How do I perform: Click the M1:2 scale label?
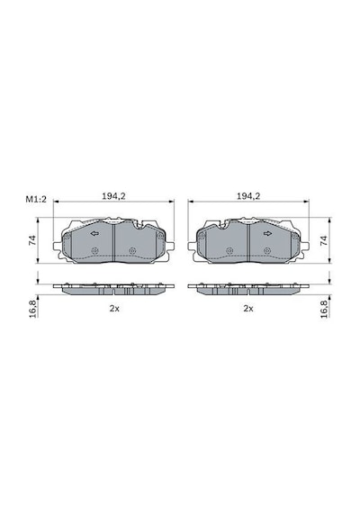pyautogui.click(x=36, y=199)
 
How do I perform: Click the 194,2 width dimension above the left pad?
pyautogui.click(x=113, y=196)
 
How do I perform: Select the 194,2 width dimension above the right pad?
pyautogui.click(x=248, y=196)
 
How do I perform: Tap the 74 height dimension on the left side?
pyautogui.click(x=32, y=240)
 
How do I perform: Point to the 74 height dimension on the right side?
pyautogui.click(x=324, y=240)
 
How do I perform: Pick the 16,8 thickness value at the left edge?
pyautogui.click(x=32, y=309)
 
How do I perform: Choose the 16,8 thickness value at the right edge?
pyautogui.click(x=324, y=309)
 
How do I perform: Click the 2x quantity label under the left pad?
pyautogui.click(x=114, y=309)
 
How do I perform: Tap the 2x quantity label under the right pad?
pyautogui.click(x=248, y=309)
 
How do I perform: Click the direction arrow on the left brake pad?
pyautogui.click(x=94, y=234)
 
